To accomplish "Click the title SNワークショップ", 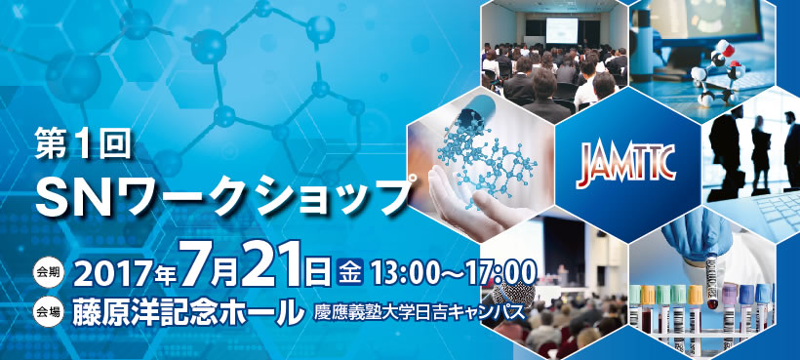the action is [x=223, y=197].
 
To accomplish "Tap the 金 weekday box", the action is [x=350, y=271].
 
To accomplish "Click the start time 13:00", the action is [x=402, y=272].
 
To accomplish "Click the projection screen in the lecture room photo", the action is [x=562, y=30].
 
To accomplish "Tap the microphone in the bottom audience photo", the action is [x=514, y=295].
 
